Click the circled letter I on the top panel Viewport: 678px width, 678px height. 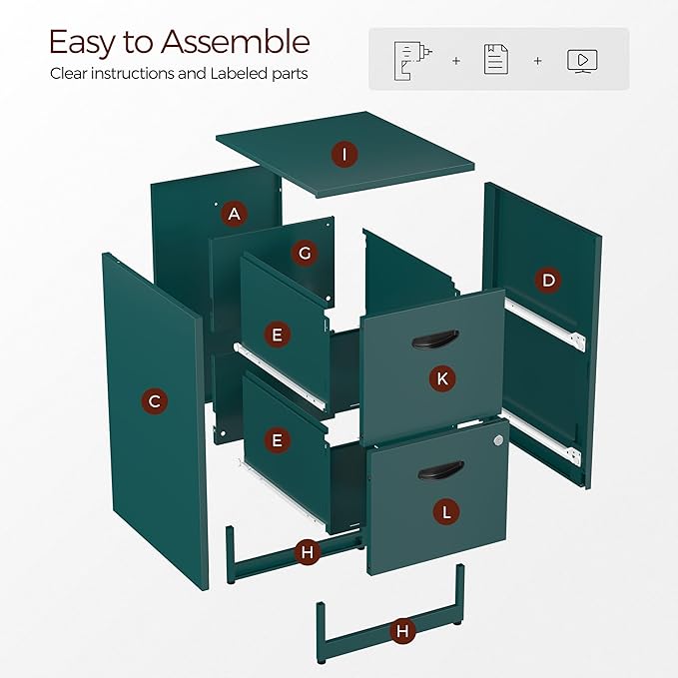(x=344, y=155)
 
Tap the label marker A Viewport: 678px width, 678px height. (x=235, y=214)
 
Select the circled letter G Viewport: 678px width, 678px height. (x=305, y=253)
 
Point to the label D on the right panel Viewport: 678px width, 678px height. (x=548, y=281)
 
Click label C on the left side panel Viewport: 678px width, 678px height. (x=155, y=400)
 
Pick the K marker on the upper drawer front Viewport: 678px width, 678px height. (x=442, y=378)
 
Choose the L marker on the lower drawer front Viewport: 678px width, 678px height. (x=446, y=512)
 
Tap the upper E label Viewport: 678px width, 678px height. (x=278, y=335)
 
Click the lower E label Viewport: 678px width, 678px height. (x=278, y=440)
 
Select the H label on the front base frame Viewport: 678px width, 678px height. (x=402, y=631)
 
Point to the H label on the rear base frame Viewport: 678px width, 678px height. (x=308, y=552)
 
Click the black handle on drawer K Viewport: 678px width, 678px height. (x=435, y=339)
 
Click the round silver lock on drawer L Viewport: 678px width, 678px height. (x=498, y=440)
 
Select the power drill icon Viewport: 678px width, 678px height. (x=412, y=61)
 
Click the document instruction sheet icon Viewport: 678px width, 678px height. (x=496, y=59)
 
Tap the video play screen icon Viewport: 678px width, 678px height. (x=582, y=61)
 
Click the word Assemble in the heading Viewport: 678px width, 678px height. (x=236, y=42)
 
